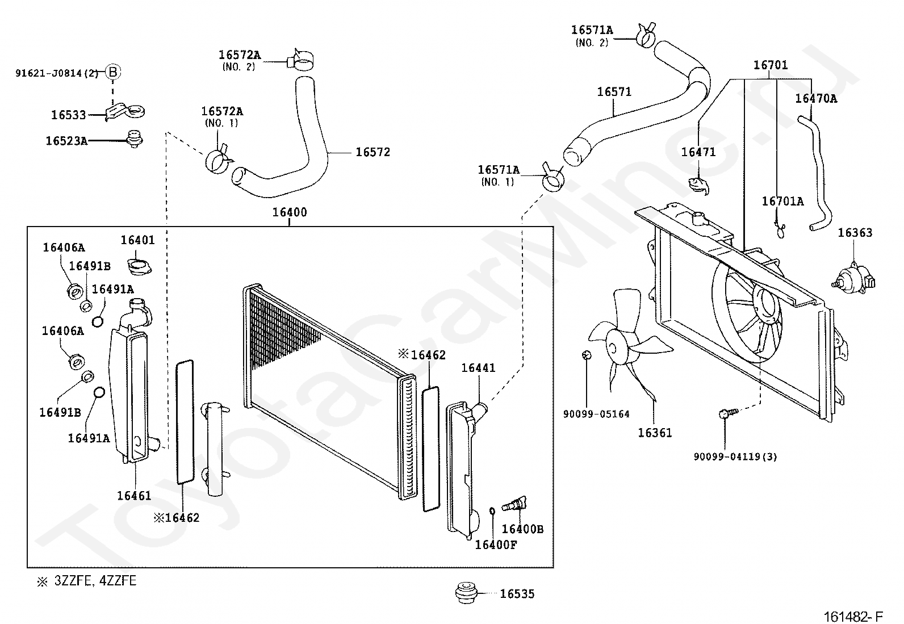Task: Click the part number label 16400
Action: tap(290, 212)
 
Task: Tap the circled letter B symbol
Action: tap(113, 72)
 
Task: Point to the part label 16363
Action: tap(855, 233)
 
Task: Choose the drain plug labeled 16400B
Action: tap(514, 504)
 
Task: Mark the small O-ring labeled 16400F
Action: tap(492, 511)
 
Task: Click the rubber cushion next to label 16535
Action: tap(466, 593)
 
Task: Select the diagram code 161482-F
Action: tap(853, 617)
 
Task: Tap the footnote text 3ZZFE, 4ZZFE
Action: tap(95, 581)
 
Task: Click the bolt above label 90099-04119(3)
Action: tap(728, 413)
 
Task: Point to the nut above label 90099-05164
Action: tap(587, 355)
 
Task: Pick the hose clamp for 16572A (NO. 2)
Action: tap(300, 60)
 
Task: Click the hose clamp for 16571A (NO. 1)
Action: tap(553, 178)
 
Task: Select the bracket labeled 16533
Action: tap(124, 111)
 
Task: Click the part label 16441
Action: tap(478, 368)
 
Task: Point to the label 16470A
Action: tap(816, 98)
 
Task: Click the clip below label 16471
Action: tap(699, 186)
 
